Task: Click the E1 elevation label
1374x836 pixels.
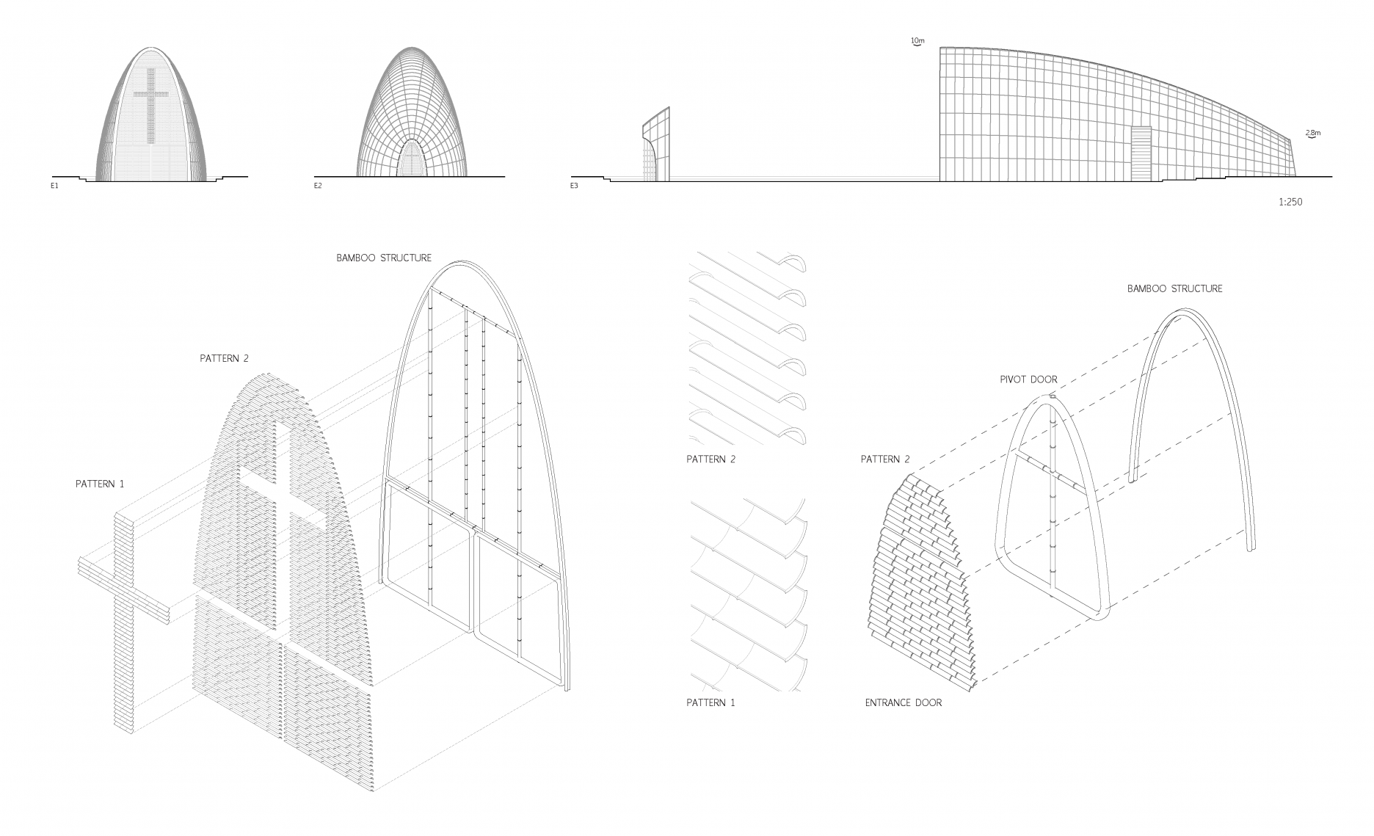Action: coord(54,186)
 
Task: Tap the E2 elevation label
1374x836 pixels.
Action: coord(318,186)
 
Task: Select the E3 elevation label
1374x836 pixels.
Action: coord(574,186)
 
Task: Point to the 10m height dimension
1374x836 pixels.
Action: coord(917,42)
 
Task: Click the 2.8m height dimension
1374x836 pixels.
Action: coord(1313,134)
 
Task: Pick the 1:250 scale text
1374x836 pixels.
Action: coord(1290,202)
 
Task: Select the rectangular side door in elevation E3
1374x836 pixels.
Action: coord(1141,153)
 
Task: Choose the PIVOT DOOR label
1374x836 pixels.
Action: coord(1028,379)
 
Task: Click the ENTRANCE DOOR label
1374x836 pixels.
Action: coord(903,702)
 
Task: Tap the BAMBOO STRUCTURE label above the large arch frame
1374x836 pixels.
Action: coord(384,258)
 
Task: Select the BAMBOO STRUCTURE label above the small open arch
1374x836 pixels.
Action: coord(1174,288)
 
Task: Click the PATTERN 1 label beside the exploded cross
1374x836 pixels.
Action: coord(100,484)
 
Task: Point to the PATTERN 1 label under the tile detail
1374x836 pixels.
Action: coord(710,702)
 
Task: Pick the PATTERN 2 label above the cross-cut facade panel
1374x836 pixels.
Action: coord(224,358)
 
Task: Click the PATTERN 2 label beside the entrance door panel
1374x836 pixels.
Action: coord(884,459)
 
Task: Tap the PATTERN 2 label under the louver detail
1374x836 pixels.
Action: coord(710,459)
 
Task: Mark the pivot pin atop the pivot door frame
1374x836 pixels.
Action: coord(1052,397)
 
